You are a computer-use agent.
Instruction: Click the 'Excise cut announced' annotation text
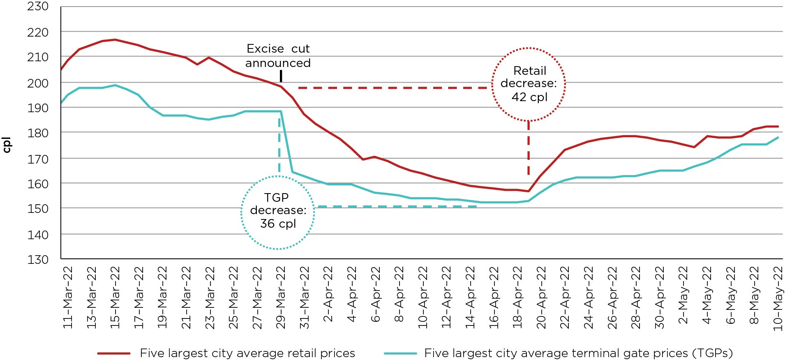pos(278,56)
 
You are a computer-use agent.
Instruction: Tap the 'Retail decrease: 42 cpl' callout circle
pos(529,84)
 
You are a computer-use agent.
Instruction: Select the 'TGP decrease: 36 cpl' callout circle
pos(278,212)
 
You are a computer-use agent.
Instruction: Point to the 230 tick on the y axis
pos(38,7)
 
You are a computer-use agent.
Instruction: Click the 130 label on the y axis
pos(38,259)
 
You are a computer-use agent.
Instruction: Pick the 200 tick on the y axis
pos(38,83)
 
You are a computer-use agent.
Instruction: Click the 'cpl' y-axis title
pos(7,145)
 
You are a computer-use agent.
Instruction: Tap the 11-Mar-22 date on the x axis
pos(68,298)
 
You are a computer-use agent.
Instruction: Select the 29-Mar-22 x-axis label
pos(281,298)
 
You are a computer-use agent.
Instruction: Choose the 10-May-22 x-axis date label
pos(778,298)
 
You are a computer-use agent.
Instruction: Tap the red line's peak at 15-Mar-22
pos(115,40)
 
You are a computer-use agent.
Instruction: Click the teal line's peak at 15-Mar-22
pos(115,85)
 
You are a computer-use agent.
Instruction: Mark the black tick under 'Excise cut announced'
pos(281,76)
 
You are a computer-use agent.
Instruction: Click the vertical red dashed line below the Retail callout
pos(529,148)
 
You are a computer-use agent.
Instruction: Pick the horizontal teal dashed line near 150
pos(397,206)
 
